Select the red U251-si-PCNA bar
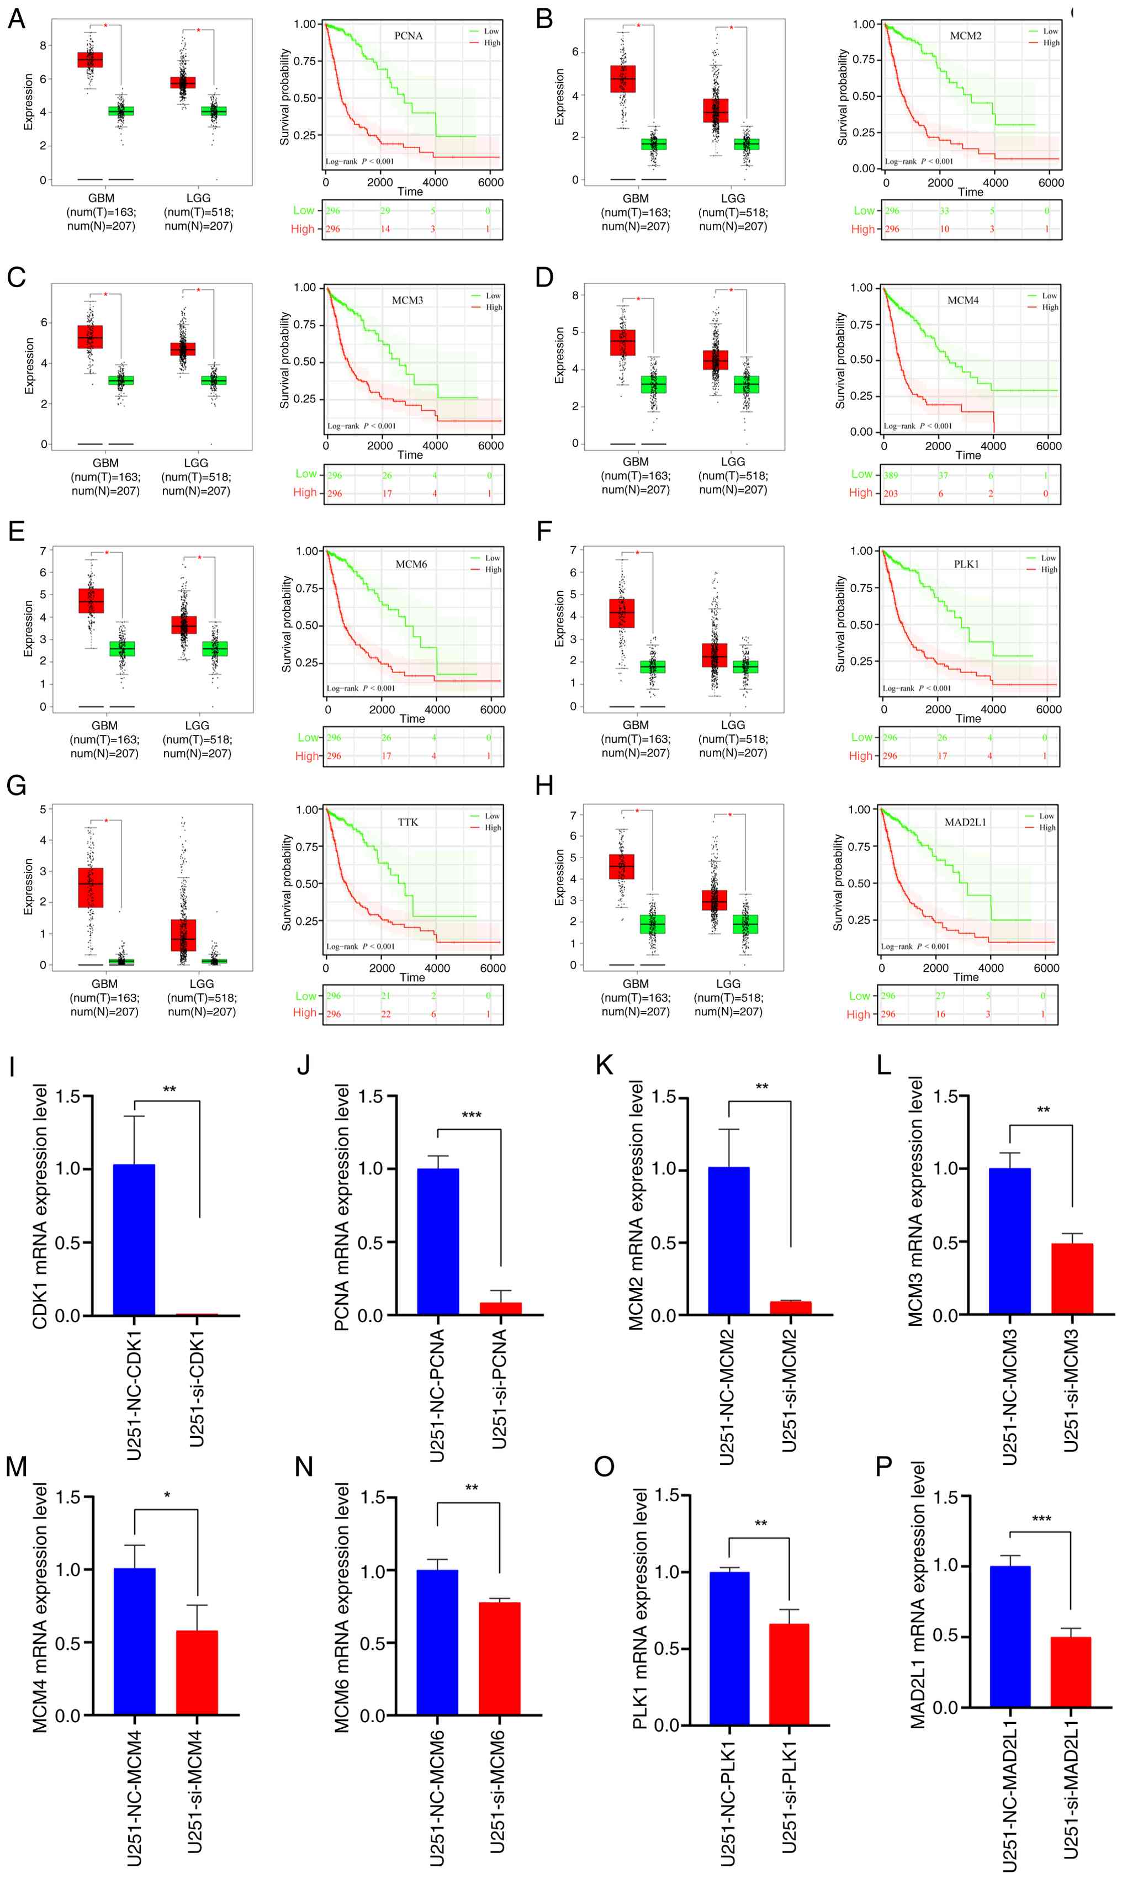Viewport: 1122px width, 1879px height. [500, 1309]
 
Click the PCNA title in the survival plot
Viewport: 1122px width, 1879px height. [408, 35]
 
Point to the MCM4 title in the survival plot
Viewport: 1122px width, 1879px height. [962, 300]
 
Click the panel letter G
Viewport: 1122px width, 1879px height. [17, 786]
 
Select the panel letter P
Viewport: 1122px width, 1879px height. [884, 1467]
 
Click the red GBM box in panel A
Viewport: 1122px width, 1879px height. [90, 60]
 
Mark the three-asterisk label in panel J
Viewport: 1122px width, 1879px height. [471, 1115]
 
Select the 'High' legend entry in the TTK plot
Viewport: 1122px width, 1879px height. [492, 828]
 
